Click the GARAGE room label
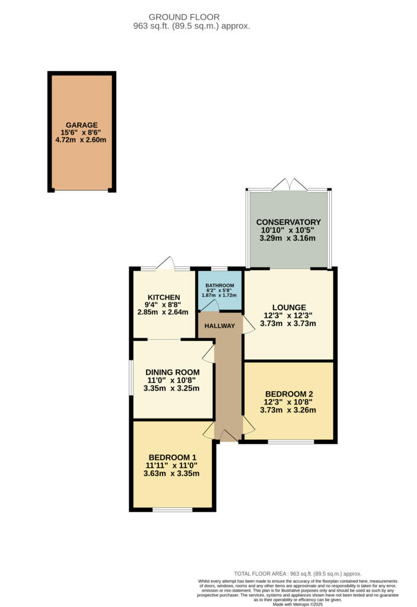click(x=82, y=125)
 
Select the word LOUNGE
click(x=289, y=307)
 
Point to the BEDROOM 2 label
click(x=289, y=394)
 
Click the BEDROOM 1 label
click(x=172, y=457)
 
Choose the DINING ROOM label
click(x=172, y=372)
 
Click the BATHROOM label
click(x=220, y=285)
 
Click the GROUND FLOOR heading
click(x=184, y=17)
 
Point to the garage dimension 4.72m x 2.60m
click(x=82, y=140)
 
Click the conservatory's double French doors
click(x=289, y=185)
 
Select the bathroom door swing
click(x=211, y=305)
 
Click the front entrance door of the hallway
click(x=228, y=436)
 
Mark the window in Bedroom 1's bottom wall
click(x=172, y=509)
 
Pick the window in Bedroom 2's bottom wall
click(x=291, y=442)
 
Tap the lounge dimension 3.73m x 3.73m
click(x=289, y=324)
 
